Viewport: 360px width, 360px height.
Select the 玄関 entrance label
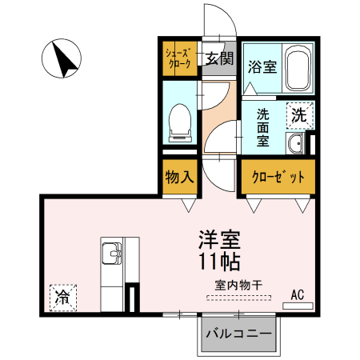click(219, 58)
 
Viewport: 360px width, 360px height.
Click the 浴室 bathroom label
click(262, 66)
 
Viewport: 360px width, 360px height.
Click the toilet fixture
click(179, 120)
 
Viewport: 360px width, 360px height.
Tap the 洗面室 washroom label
click(262, 126)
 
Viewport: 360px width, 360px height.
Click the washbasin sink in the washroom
click(294, 144)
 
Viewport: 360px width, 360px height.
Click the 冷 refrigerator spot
click(61, 296)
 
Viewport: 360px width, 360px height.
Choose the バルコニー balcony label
click(238, 332)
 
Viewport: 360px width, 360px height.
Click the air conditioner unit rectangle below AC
click(298, 305)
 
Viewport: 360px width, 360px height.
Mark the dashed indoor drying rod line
click(238, 296)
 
